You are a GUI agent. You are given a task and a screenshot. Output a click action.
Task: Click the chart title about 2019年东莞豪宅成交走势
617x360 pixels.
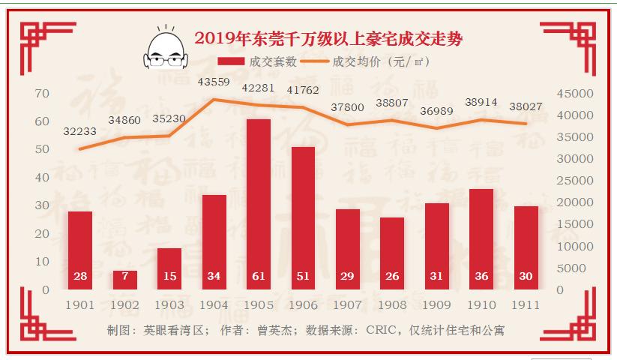(334, 37)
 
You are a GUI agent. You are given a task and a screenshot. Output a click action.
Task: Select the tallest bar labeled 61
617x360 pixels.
(258, 202)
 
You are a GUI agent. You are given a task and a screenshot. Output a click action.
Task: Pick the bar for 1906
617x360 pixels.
(303, 217)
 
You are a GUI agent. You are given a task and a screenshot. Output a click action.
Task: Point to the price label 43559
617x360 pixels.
(214, 82)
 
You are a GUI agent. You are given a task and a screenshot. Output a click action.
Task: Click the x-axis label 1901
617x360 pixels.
(80, 306)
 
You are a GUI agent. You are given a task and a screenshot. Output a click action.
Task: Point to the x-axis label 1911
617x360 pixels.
(526, 306)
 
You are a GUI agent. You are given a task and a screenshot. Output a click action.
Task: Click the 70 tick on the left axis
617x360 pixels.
(42, 94)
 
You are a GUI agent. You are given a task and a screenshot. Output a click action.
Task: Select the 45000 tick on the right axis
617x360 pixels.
(575, 94)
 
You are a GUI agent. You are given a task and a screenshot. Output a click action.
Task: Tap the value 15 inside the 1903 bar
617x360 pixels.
(169, 276)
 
